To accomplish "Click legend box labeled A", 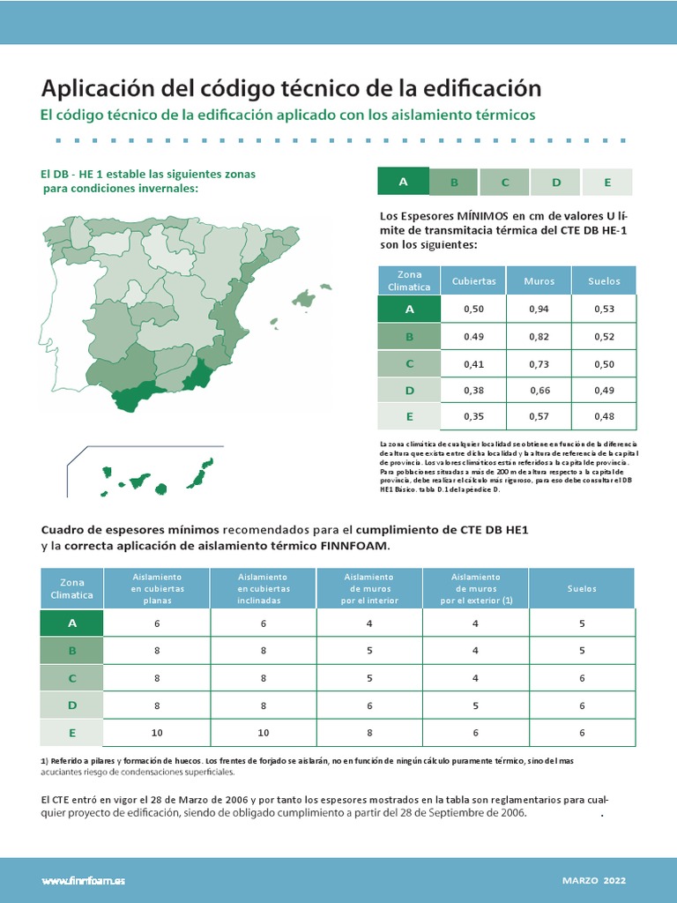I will pyautogui.click(x=403, y=182).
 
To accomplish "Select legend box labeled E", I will pyautogui.click(x=607, y=182).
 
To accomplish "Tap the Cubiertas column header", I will pyautogui.click(x=473, y=281).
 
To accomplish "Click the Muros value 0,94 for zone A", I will pyautogui.click(x=539, y=309).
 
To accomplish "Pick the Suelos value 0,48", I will pyautogui.click(x=604, y=416).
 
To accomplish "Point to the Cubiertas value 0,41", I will pyautogui.click(x=473, y=363).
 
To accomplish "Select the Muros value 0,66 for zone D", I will pyautogui.click(x=539, y=390).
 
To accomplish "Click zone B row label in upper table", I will pyautogui.click(x=409, y=336).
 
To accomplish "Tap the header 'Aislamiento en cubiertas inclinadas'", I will pyautogui.click(x=263, y=588).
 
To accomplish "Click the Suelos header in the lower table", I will pyautogui.click(x=582, y=588).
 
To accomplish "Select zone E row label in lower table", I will pyautogui.click(x=72, y=733).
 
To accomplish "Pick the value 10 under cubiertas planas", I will pyautogui.click(x=157, y=733).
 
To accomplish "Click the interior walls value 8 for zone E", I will pyautogui.click(x=369, y=733).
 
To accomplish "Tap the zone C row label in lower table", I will pyautogui.click(x=72, y=678).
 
